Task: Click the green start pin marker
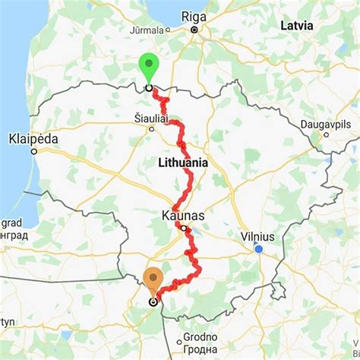click(x=148, y=67)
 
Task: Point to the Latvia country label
click(x=296, y=25)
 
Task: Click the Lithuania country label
click(x=182, y=163)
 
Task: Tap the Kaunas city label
click(x=183, y=216)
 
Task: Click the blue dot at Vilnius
click(x=259, y=248)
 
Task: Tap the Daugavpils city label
click(x=325, y=122)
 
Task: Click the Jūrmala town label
click(x=149, y=30)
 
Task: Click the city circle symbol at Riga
click(x=194, y=30)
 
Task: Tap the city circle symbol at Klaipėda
click(x=33, y=150)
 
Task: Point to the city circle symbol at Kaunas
click(x=183, y=226)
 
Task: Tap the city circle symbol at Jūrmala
click(x=169, y=31)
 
